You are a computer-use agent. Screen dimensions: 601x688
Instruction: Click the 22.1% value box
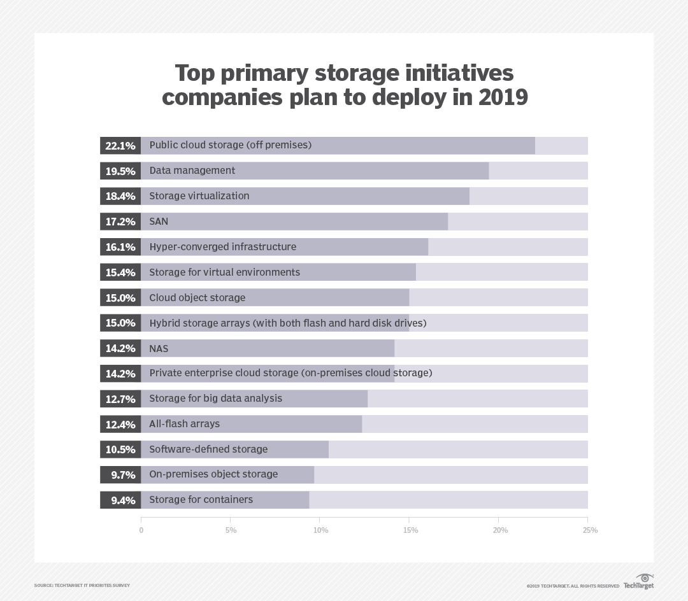tap(120, 146)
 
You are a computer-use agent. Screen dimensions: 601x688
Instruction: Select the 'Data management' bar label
tap(192, 171)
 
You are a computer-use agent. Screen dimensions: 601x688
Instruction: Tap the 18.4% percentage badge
tap(120, 196)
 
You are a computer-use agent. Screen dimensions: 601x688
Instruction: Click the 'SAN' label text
tap(159, 222)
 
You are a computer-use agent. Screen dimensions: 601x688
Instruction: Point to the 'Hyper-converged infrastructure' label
tap(222, 247)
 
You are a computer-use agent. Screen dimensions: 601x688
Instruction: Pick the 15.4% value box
tap(120, 272)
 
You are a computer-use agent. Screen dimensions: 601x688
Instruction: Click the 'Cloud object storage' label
tap(197, 298)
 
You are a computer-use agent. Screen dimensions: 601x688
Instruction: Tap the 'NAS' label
tap(159, 348)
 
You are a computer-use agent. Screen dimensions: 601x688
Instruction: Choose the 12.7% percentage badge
tap(120, 399)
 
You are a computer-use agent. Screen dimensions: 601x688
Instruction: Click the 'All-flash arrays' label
tap(184, 424)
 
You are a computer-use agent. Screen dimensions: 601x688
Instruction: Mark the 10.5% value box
tap(120, 449)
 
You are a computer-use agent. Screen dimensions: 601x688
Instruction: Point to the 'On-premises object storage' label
tap(213, 474)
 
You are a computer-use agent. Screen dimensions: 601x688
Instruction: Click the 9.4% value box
tap(120, 500)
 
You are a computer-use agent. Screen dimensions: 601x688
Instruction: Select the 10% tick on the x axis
tap(320, 530)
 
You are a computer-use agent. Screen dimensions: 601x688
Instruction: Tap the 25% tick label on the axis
tap(590, 530)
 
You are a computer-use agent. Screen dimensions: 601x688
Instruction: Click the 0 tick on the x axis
tap(141, 530)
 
